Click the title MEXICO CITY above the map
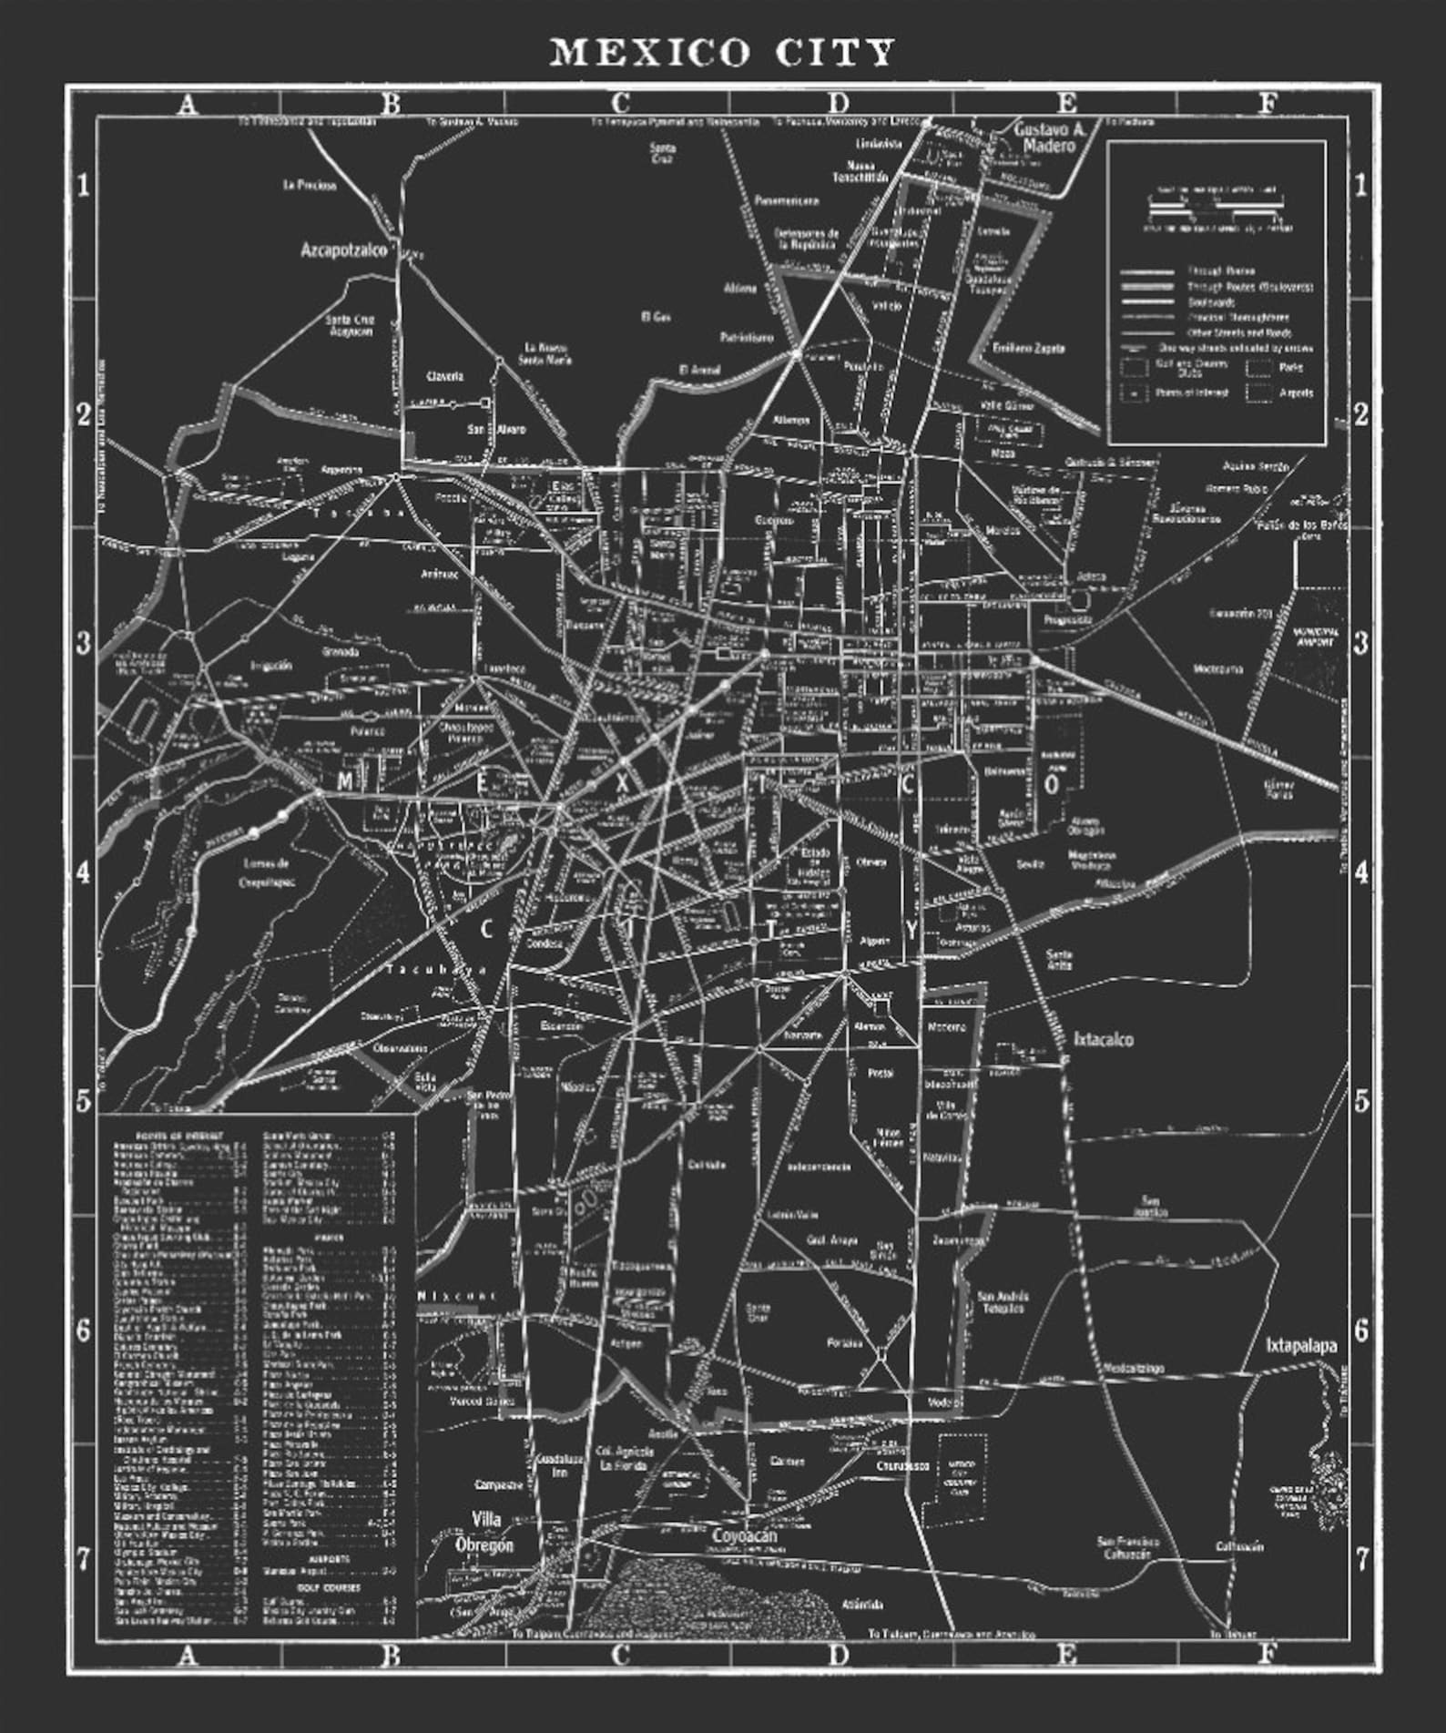coord(722,53)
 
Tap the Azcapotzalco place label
coord(343,250)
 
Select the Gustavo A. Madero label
coord(1050,138)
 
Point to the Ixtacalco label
coord(1103,1039)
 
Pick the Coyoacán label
coord(744,1536)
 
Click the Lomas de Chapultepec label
coord(265,872)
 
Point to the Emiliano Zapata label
coord(1028,348)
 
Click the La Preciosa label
coord(310,185)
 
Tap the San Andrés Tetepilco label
coord(1003,1301)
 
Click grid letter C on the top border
coord(620,103)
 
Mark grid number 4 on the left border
coord(83,872)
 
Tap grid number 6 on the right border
coord(1360,1330)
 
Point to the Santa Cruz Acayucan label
coord(350,325)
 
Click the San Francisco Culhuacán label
coord(1127,1546)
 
